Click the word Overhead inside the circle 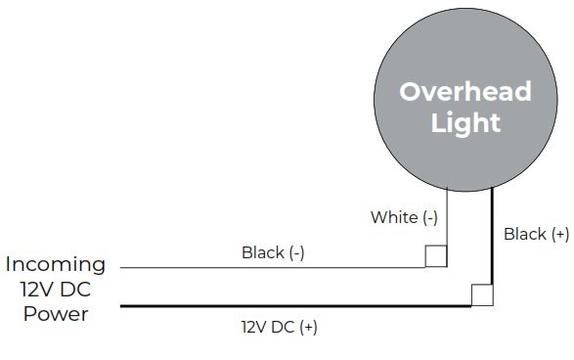(x=465, y=92)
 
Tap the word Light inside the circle (x=465, y=123)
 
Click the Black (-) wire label (x=273, y=252)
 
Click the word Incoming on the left (x=56, y=264)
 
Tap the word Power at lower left (x=56, y=314)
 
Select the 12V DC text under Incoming (x=56, y=290)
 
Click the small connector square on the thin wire (x=436, y=256)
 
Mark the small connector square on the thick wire (x=481, y=295)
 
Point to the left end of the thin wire (x=121, y=267)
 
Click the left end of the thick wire (x=122, y=306)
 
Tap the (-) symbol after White (x=427, y=217)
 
